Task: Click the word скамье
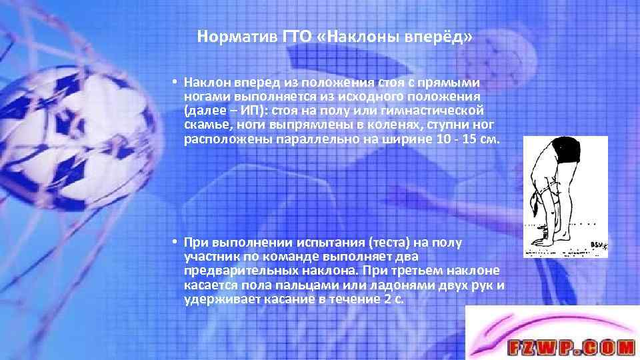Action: point(207,125)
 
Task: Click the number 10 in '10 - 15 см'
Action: point(450,140)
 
